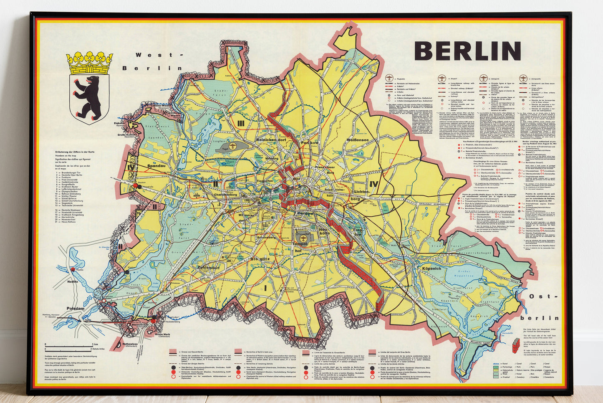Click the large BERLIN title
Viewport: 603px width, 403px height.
[x=468, y=51]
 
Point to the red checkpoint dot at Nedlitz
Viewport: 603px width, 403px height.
[x=73, y=270]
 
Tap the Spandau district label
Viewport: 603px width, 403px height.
[x=156, y=166]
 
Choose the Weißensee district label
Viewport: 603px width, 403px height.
[x=358, y=140]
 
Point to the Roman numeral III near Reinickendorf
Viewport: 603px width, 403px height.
[x=241, y=123]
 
